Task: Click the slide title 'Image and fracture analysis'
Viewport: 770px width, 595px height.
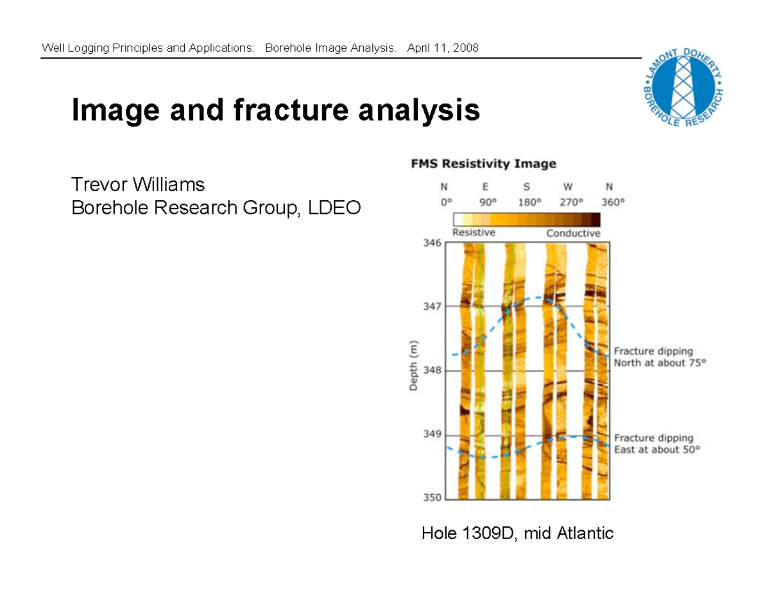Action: (x=275, y=110)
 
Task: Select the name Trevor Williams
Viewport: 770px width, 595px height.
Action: (x=138, y=185)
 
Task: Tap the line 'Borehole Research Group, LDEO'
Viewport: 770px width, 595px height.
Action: (x=216, y=207)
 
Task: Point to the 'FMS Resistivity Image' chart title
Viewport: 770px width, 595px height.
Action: (x=483, y=164)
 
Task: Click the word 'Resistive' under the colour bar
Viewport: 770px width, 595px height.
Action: (x=474, y=232)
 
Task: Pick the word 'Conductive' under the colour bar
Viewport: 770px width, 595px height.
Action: (x=573, y=233)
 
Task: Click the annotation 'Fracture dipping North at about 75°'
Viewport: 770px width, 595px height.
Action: (x=659, y=357)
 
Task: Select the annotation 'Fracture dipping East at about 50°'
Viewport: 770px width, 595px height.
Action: (x=656, y=444)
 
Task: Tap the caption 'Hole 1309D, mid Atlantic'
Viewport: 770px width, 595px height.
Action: (x=517, y=533)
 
